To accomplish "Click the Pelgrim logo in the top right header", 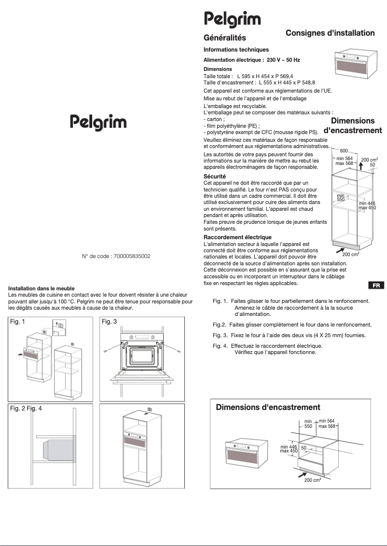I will click(x=232, y=20).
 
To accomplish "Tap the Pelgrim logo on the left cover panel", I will click(x=98, y=122).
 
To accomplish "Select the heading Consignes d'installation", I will click(x=330, y=33).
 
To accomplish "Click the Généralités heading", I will click(x=224, y=38).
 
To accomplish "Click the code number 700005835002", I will click(x=132, y=257).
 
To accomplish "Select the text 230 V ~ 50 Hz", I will click(x=283, y=60).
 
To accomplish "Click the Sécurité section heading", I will click(x=215, y=177).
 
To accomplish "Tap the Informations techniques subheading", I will click(x=236, y=50).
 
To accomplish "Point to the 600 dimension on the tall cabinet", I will click(x=344, y=151).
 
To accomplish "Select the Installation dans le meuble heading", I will click(x=41, y=288).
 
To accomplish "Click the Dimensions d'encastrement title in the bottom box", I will click(x=268, y=408).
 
